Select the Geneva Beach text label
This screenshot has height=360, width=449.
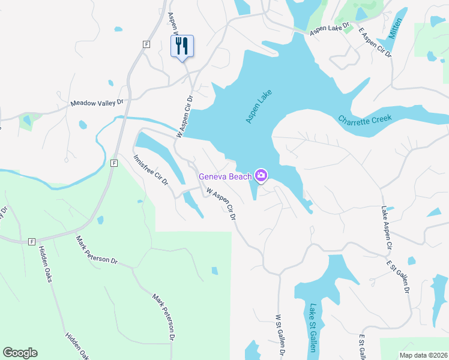click(224, 176)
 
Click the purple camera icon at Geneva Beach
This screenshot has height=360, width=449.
click(261, 176)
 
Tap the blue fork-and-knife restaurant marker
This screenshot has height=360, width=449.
click(182, 46)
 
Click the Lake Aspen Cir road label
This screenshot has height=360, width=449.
click(387, 228)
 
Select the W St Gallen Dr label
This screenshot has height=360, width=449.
click(279, 335)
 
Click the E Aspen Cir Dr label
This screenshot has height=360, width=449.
click(375, 43)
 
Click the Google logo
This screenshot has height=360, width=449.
click(20, 353)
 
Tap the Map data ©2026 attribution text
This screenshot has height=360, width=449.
click(423, 355)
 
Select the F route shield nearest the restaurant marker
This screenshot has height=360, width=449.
click(146, 44)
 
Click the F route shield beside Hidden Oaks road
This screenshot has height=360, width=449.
click(31, 241)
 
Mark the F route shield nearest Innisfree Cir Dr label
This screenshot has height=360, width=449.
click(113, 163)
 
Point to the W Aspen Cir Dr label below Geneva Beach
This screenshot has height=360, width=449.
click(220, 205)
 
